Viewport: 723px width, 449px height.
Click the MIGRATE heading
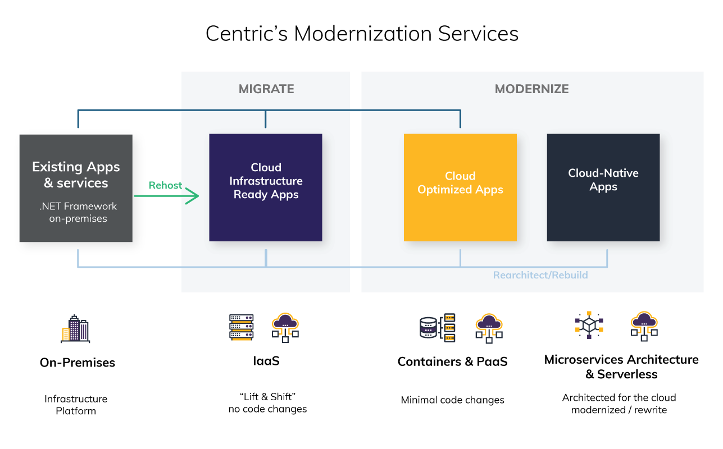point(266,89)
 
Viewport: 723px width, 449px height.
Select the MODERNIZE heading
point(531,89)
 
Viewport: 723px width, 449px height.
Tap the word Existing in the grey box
point(54,167)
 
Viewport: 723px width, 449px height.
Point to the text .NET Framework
point(78,207)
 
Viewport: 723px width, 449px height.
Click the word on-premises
point(78,219)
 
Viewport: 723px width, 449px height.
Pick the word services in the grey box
point(83,183)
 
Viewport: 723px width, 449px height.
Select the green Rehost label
point(165,186)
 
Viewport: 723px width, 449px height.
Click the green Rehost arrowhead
point(194,196)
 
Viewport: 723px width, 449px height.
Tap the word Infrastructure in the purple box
point(266,181)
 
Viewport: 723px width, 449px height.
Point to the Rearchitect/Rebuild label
point(540,276)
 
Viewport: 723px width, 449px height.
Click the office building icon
point(76,329)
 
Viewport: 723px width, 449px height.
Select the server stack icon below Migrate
point(242,327)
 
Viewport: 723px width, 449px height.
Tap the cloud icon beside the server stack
point(285,327)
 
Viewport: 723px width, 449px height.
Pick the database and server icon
point(438,327)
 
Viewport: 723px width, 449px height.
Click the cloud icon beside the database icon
point(489,328)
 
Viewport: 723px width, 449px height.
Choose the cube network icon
point(589,325)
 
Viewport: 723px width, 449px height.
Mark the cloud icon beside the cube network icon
point(644,326)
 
